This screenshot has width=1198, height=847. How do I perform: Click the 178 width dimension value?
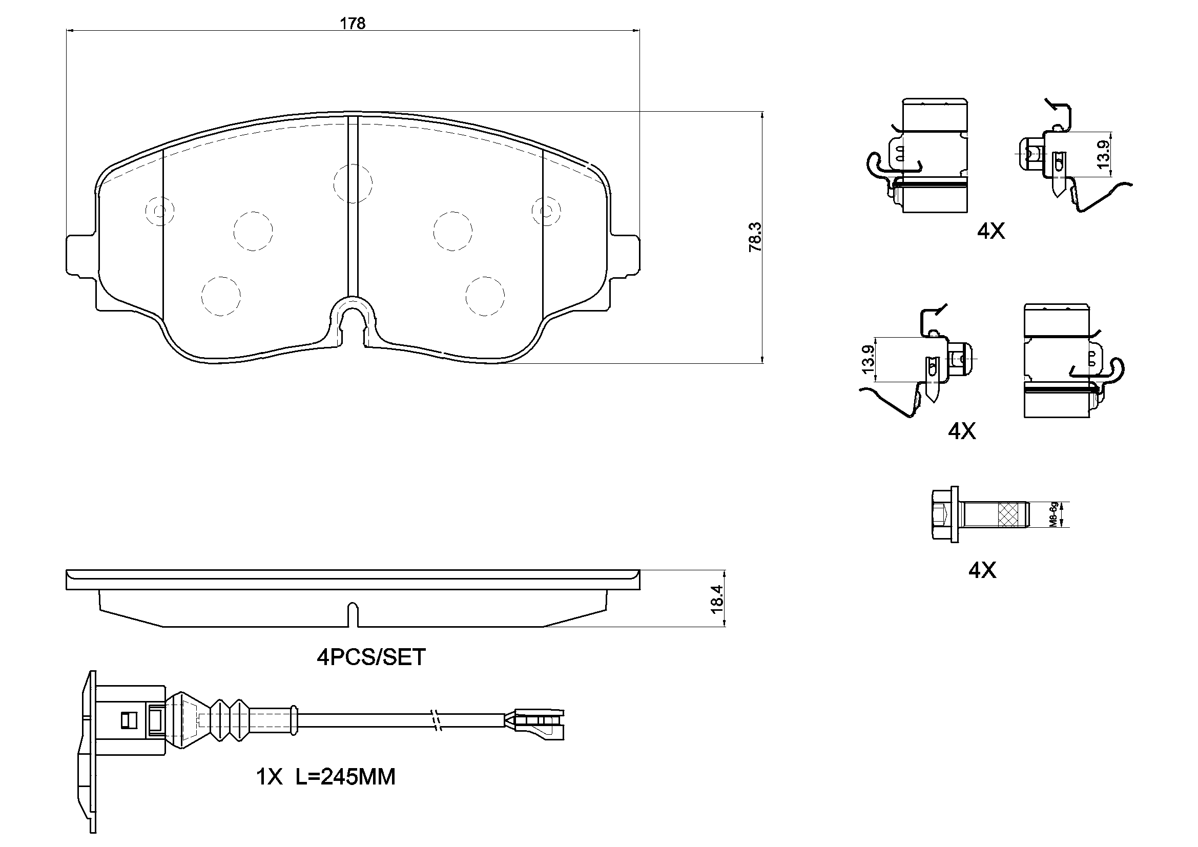click(353, 24)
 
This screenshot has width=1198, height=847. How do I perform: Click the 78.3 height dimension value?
click(755, 237)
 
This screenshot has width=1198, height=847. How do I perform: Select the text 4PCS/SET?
click(371, 657)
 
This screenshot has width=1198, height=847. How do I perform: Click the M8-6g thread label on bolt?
click(1054, 514)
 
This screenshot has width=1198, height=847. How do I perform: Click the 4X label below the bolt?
click(982, 571)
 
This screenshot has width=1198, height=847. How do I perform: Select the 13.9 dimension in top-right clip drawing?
click(1102, 154)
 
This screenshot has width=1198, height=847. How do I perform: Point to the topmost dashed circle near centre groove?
click(353, 183)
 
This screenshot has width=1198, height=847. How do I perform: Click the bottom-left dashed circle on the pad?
click(221, 296)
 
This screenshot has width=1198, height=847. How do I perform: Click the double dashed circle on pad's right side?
click(546, 211)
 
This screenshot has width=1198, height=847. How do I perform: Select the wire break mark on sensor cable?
click(437, 721)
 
